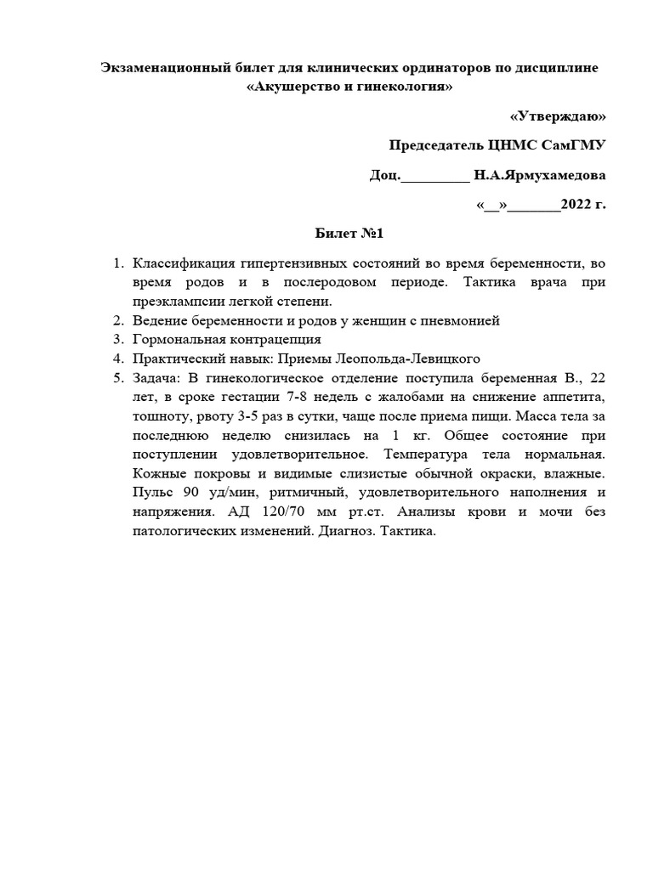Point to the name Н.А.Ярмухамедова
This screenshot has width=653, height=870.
[x=540, y=175]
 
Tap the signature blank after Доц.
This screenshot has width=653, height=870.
[x=434, y=175]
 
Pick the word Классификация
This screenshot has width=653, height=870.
[x=183, y=263]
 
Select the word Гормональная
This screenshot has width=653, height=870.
[x=177, y=339]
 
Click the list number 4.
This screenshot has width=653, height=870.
[x=119, y=358]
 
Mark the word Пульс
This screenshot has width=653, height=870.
[x=152, y=493]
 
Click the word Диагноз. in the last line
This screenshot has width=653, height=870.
[x=343, y=531]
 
